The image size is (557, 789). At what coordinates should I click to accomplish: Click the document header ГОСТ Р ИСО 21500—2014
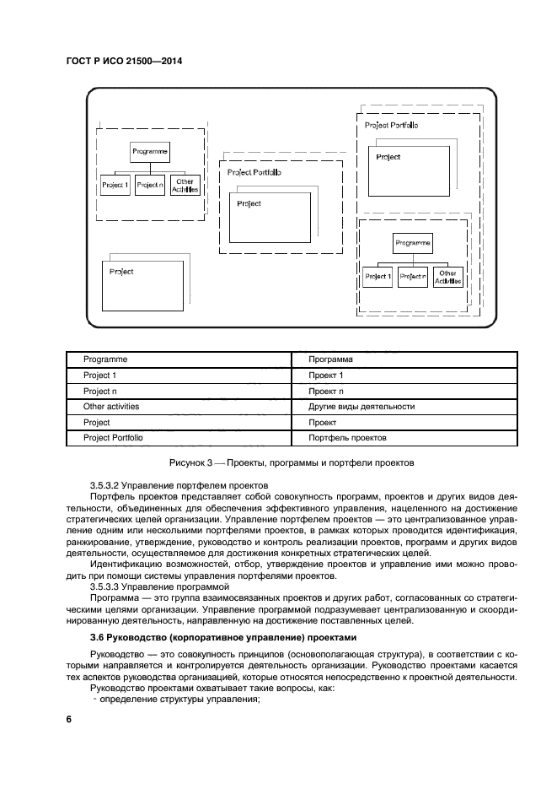pyautogui.click(x=123, y=62)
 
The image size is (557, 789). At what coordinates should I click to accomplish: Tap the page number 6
pyautogui.click(x=69, y=718)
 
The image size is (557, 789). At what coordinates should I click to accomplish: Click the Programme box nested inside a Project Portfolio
pyautogui.click(x=412, y=243)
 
